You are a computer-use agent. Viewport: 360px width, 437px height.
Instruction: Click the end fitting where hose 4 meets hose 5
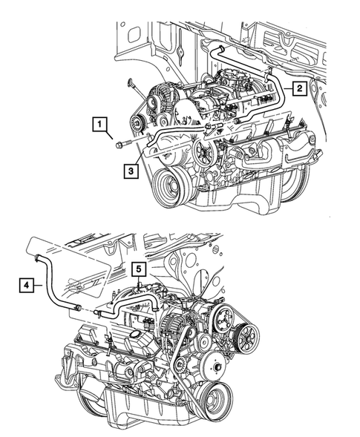(100, 315)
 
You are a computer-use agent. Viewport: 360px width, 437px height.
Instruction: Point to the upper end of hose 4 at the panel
(36, 256)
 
